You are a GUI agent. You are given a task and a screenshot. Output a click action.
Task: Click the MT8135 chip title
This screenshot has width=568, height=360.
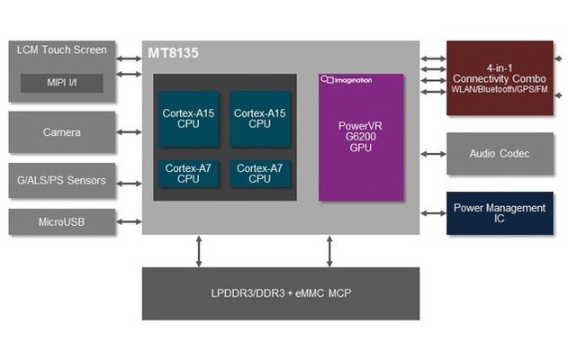point(174,54)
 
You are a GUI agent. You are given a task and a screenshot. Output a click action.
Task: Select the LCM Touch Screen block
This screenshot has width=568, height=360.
point(61,50)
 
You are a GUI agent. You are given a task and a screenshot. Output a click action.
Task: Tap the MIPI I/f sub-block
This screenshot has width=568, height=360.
point(61,85)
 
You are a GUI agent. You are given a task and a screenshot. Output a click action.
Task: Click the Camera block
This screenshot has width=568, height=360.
point(61,132)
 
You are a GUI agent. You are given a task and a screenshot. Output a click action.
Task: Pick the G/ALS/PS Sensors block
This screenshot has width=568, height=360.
point(61,181)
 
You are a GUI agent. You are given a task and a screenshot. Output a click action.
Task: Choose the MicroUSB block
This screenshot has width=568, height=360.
point(61,221)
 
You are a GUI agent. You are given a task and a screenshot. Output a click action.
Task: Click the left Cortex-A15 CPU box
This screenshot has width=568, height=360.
point(188,119)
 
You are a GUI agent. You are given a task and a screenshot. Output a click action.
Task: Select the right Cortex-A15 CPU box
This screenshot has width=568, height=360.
point(259,119)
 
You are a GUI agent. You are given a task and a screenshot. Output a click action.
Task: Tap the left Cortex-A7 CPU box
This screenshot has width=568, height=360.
point(188,173)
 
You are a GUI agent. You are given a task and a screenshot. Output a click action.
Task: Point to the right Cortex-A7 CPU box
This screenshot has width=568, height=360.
point(259,173)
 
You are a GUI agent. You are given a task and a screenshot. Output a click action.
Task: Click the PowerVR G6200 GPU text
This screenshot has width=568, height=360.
point(360,136)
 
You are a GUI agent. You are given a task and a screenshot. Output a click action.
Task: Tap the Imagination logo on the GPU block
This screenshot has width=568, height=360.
point(347,80)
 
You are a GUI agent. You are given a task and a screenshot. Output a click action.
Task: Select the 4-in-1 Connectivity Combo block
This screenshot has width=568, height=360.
point(500,78)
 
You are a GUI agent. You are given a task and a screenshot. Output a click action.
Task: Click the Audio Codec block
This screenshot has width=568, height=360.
point(500,154)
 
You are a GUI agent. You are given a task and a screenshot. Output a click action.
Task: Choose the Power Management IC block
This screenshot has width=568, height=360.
point(500,213)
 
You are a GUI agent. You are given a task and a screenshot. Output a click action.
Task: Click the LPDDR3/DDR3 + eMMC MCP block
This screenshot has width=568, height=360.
point(280,293)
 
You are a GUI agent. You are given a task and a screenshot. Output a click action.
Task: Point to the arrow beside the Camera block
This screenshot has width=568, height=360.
point(129,132)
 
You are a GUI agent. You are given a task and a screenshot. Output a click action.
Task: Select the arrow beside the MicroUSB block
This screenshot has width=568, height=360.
point(129,221)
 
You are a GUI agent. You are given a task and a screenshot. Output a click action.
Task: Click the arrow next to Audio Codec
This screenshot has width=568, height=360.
point(433,154)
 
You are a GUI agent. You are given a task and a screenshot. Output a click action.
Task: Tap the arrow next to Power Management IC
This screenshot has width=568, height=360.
point(433,213)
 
